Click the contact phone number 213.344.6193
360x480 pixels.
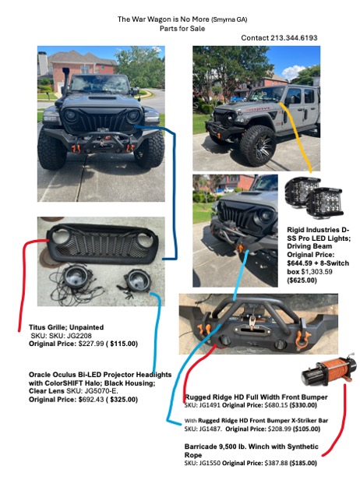tap(294, 38)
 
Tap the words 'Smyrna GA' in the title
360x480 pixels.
tap(229, 20)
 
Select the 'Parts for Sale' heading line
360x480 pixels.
tap(182, 29)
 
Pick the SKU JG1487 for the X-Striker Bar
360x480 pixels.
tap(210, 429)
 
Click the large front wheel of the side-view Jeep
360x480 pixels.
tap(258, 146)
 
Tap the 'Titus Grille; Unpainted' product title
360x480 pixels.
tap(66, 327)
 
